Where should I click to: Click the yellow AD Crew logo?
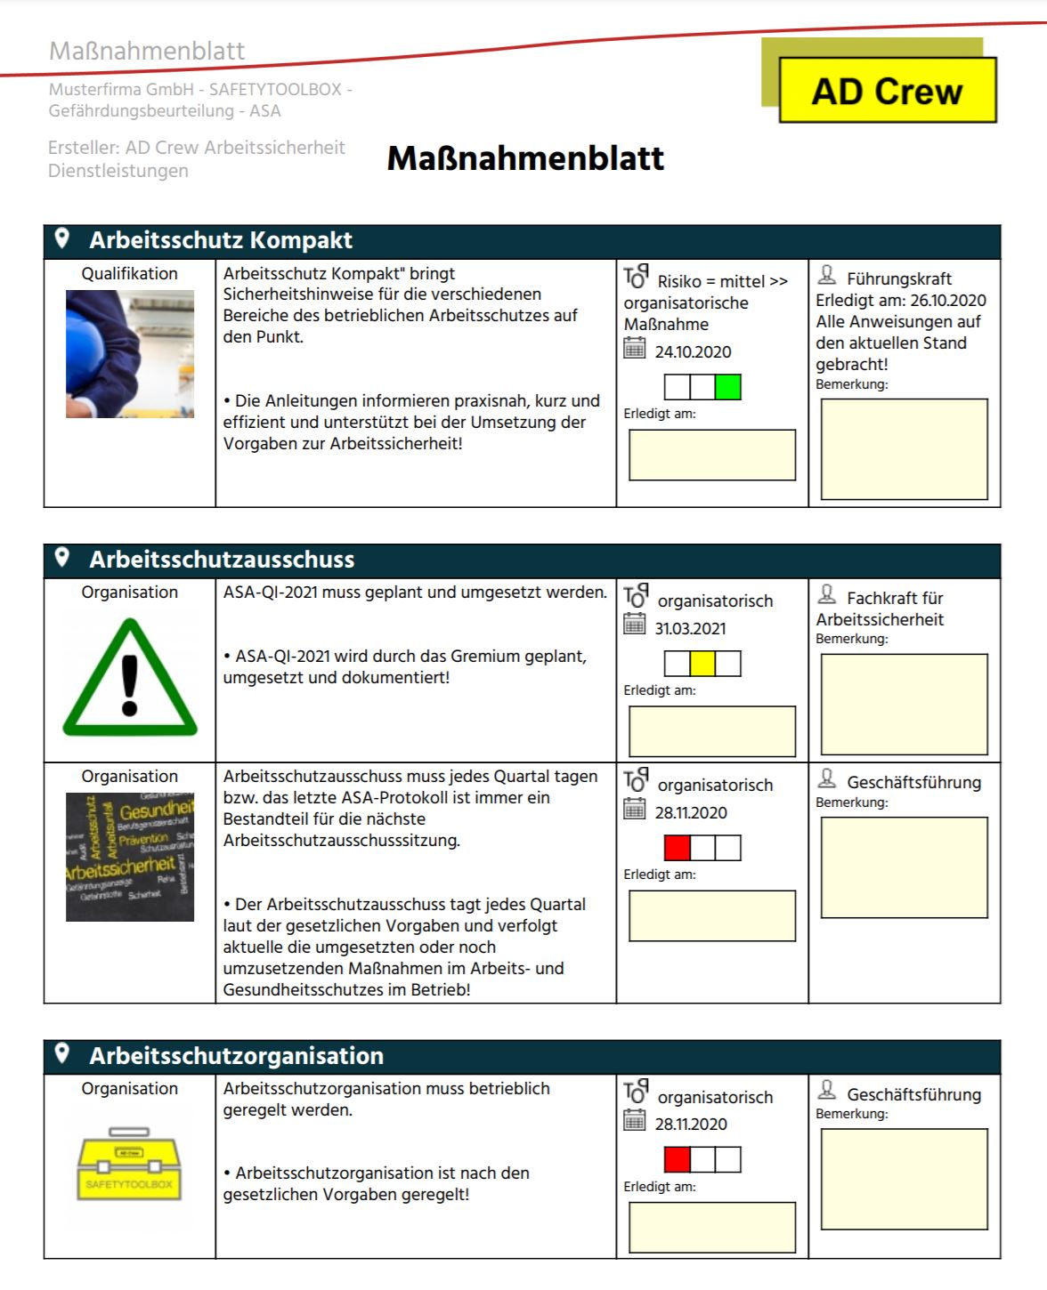(x=887, y=91)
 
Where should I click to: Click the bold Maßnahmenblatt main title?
(x=525, y=158)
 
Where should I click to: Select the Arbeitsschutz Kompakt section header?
(x=221, y=240)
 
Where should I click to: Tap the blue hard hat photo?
(x=130, y=354)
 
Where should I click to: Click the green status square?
(x=727, y=387)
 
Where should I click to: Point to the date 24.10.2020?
(x=693, y=352)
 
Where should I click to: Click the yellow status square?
(x=702, y=664)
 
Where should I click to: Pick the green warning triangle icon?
(x=130, y=679)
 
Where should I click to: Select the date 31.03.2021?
(x=690, y=629)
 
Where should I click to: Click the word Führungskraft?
(x=898, y=279)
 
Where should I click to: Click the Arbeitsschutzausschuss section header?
(x=222, y=560)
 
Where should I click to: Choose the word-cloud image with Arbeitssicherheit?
(x=130, y=857)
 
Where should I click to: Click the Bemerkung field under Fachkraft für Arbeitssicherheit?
(x=904, y=704)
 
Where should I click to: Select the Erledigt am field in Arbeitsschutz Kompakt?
(x=712, y=455)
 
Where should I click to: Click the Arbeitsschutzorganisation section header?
(x=236, y=1056)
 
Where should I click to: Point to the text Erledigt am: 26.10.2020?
(x=900, y=301)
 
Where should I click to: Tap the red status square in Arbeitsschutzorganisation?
(x=677, y=1159)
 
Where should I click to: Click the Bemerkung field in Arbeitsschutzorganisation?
(x=904, y=1179)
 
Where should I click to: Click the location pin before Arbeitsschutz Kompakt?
(x=62, y=238)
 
